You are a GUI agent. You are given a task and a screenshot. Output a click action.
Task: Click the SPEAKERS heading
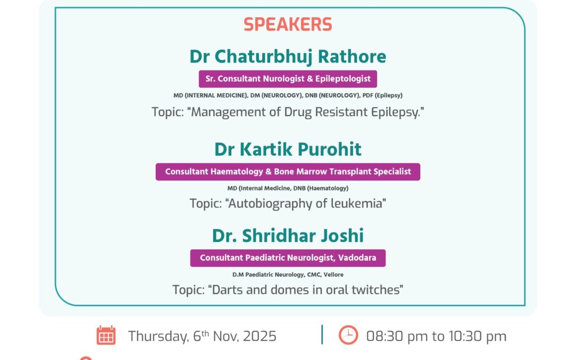(288, 24)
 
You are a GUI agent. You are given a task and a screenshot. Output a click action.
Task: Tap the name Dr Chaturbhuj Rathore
(288, 56)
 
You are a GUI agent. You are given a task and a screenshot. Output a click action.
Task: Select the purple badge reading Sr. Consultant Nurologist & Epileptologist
(288, 79)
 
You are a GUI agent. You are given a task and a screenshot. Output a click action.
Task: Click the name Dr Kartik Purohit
(288, 149)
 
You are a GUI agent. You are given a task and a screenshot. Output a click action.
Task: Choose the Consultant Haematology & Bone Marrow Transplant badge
(288, 172)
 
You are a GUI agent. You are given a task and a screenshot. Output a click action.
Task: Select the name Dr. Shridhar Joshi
(288, 235)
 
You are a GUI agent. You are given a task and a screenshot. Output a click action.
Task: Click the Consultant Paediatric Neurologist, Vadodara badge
(288, 258)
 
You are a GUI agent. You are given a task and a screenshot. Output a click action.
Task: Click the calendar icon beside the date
(106, 335)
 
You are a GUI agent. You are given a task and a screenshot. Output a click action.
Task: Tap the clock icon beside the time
(348, 335)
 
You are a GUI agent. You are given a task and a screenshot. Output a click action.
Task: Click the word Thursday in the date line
(157, 337)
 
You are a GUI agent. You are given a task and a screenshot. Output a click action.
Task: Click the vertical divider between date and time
(322, 335)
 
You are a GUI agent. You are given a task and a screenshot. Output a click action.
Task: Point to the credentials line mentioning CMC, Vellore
(288, 275)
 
